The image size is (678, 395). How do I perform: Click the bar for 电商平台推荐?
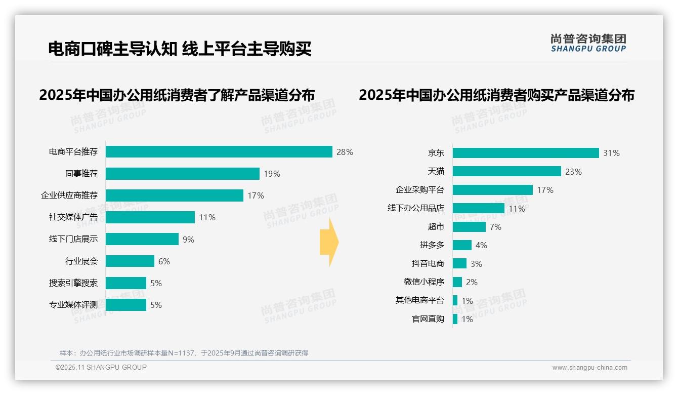pos(219,152)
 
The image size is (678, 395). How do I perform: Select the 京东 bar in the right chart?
pos(526,153)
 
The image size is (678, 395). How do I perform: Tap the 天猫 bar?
pos(506,171)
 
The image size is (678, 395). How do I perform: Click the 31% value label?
pos(611,153)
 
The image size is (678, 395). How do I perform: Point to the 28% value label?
pos(345,152)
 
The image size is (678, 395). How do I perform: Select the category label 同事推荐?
pos(81,174)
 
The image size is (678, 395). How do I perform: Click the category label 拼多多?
pos(432,245)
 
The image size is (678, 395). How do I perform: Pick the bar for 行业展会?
pos(130,261)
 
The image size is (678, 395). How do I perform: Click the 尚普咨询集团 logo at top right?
pos(588,43)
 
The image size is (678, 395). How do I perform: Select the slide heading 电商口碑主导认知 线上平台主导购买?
pos(180,49)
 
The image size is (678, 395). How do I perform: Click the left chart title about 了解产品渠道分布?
pos(177,95)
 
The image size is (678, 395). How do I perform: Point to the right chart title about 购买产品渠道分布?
pos(496,95)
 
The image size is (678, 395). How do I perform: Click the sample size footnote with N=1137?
pos(184,353)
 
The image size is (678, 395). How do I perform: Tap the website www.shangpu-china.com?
pos(589,368)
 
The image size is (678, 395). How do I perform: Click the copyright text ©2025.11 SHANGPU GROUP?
pos(101,367)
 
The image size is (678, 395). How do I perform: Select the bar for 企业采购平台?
pos(492,190)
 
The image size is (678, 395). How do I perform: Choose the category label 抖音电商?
pos(428,264)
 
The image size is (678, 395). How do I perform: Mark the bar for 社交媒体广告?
pos(150,217)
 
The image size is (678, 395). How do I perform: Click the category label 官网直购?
pos(428,319)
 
